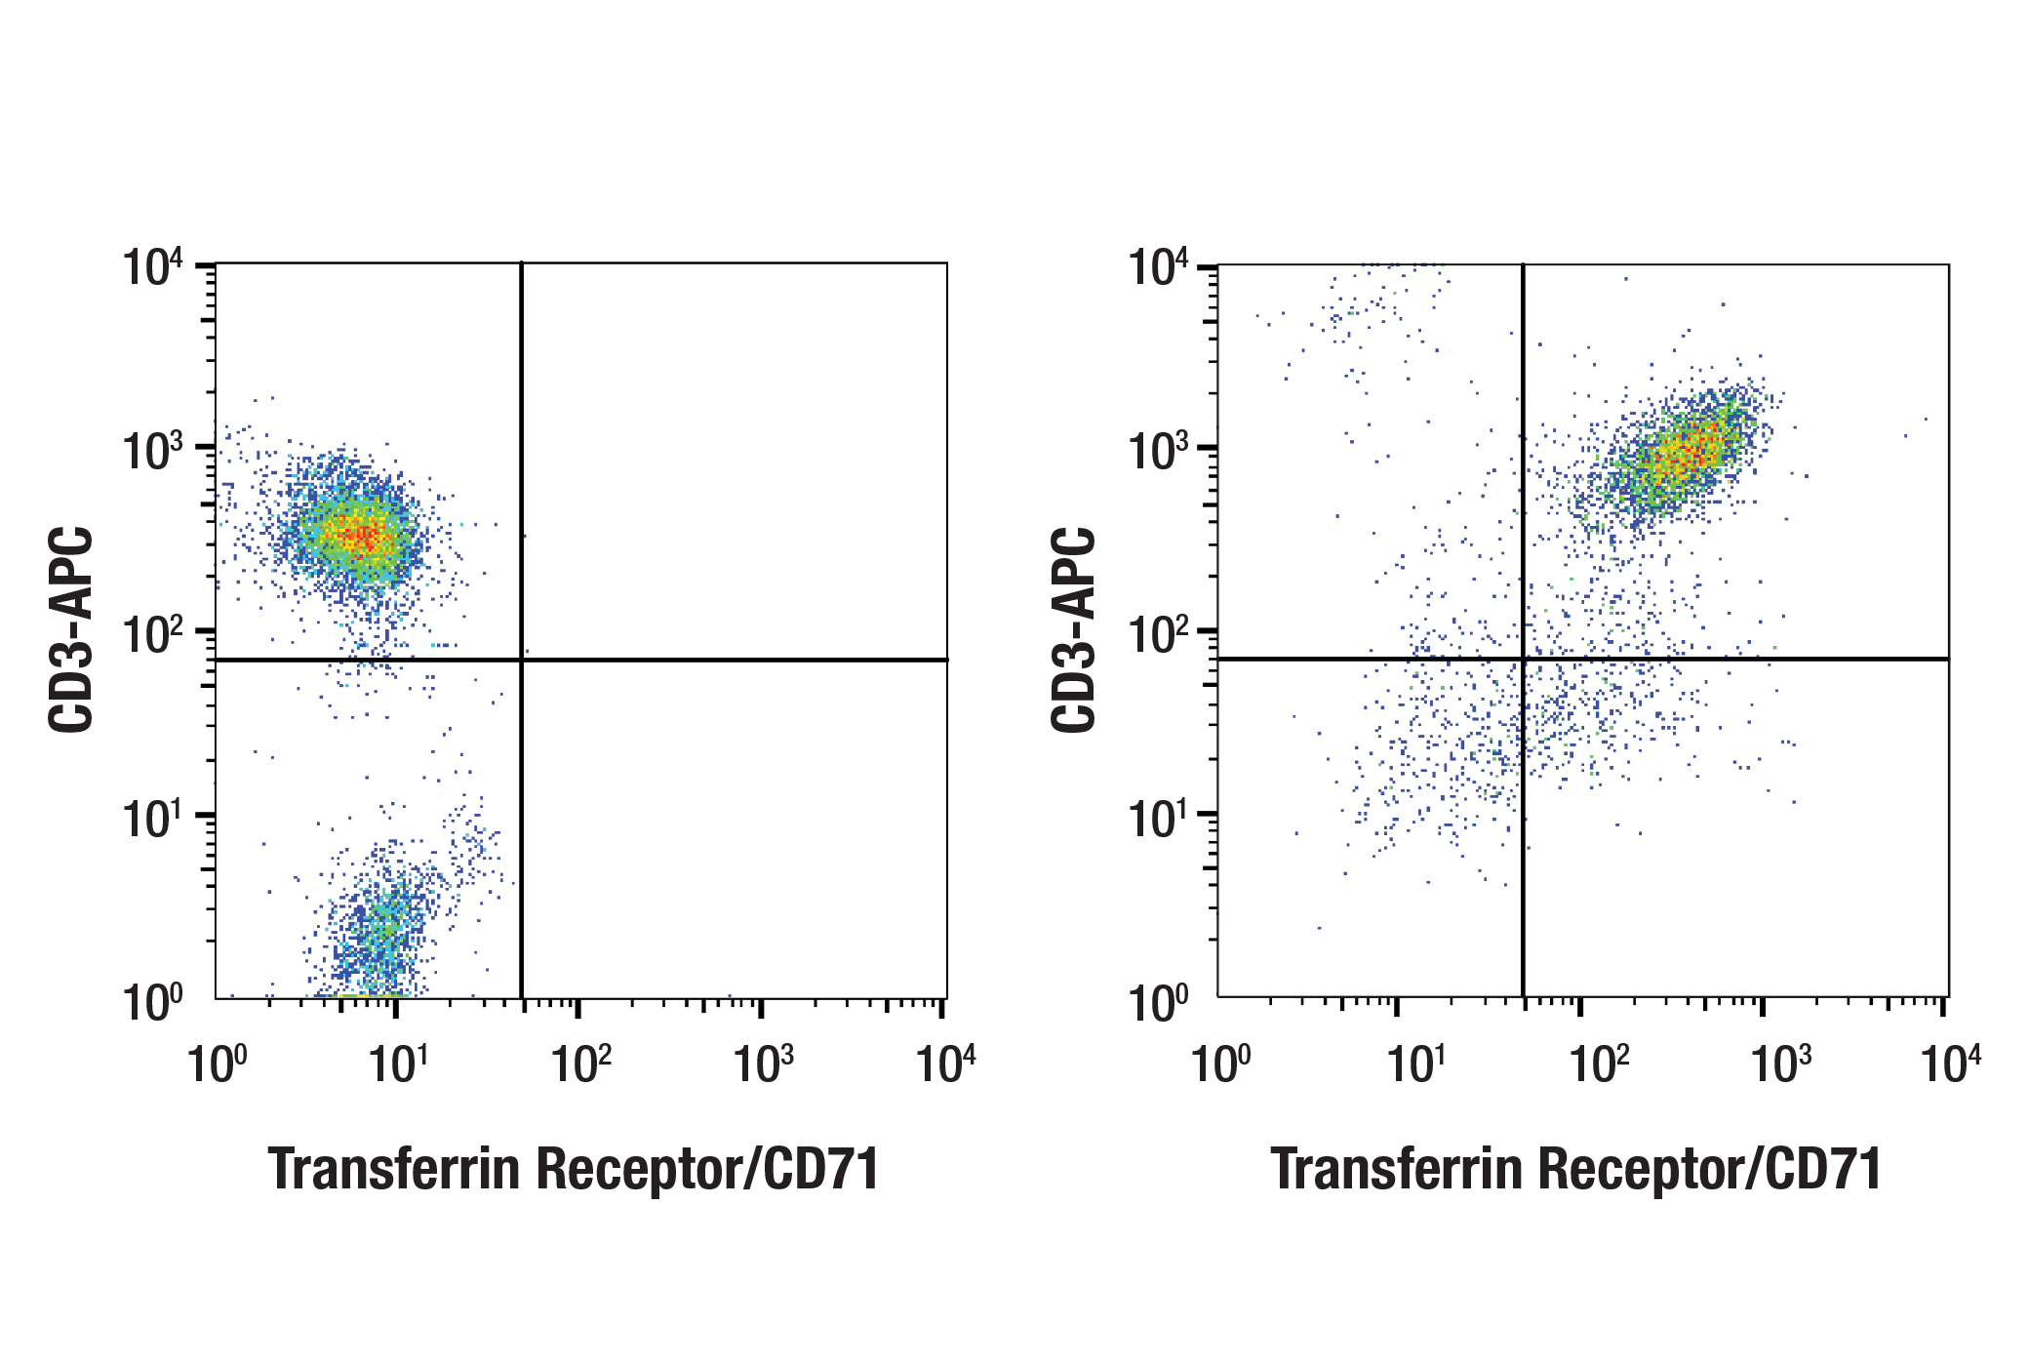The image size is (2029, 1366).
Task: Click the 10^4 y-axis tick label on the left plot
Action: [152, 267]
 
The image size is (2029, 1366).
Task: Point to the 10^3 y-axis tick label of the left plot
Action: [152, 452]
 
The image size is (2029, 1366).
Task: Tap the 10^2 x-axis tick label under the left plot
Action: [580, 1064]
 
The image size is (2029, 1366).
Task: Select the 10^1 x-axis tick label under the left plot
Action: [397, 1064]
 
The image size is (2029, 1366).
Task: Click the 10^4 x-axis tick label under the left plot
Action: [944, 1064]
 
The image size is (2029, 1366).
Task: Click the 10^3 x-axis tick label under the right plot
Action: [1780, 1064]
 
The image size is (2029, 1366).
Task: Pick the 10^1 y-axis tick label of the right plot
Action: [1157, 819]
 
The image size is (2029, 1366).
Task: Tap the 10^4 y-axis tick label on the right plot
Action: [1157, 267]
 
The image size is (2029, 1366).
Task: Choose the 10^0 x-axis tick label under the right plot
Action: [1219, 1064]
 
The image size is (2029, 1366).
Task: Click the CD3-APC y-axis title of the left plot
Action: [71, 629]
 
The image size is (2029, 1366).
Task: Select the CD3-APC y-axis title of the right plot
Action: [1074, 629]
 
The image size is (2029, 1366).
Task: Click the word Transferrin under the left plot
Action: [393, 1169]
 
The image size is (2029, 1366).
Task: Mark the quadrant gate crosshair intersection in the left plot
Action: [522, 661]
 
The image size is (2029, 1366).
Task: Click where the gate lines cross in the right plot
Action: [1523, 660]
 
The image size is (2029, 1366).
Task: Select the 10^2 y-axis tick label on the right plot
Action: [1157, 635]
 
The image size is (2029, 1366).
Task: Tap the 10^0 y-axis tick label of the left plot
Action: [152, 1002]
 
